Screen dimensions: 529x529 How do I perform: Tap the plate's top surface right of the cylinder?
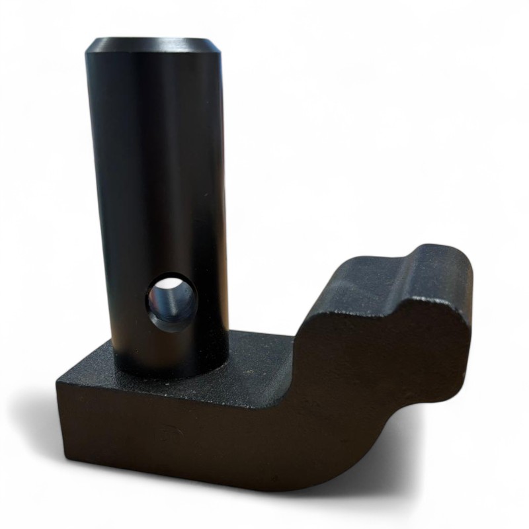click(258, 357)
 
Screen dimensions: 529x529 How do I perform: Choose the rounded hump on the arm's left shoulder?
click(337, 271)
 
